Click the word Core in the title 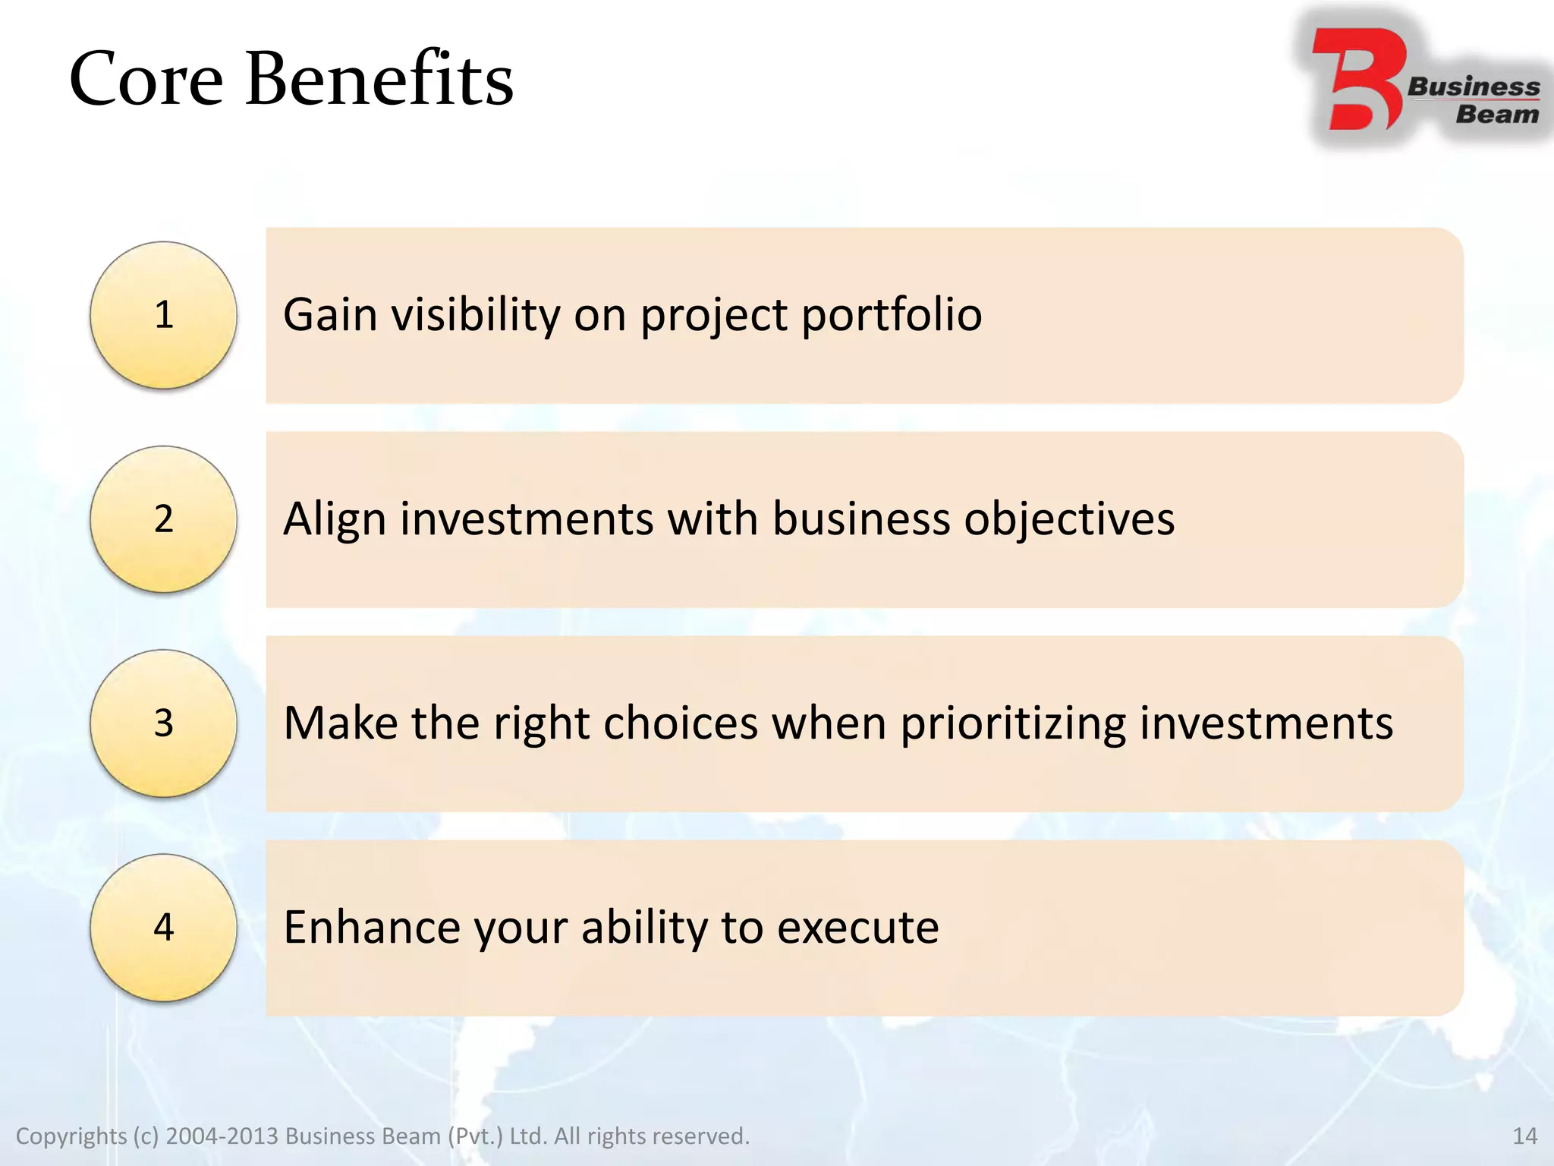[146, 80]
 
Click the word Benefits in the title [379, 80]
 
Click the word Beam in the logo [1497, 115]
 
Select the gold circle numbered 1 [163, 315]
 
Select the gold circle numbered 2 [163, 519]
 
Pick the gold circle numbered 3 [163, 723]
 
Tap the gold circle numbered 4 [163, 927]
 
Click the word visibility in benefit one [475, 314]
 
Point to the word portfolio [892, 314]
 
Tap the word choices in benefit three [681, 723]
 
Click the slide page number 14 [1524, 1136]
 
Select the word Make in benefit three [340, 723]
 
